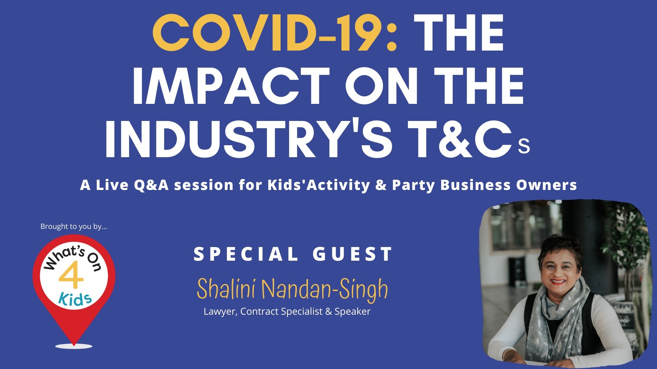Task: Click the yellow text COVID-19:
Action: pos(275,33)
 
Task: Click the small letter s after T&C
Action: pos(524,146)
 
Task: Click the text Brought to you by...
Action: pos(74,227)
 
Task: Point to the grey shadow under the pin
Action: pos(74,346)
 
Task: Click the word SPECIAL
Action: pos(246,254)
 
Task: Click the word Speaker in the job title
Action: pos(352,312)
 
